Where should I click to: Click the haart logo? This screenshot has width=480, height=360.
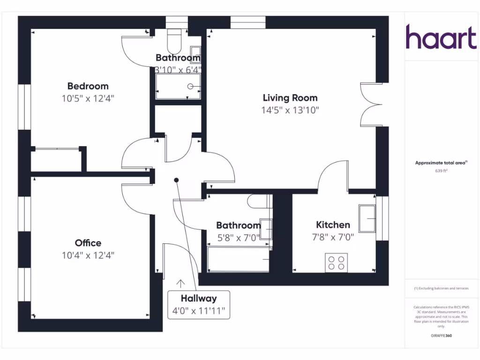point(441,37)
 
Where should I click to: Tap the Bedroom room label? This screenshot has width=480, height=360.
point(88,86)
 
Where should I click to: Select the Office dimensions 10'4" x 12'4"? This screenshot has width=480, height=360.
point(88,255)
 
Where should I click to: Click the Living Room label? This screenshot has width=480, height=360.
point(290,98)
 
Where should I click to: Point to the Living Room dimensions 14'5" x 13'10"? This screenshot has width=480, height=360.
point(290,110)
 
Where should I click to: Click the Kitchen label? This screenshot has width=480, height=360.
point(333,225)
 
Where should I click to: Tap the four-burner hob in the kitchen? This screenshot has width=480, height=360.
point(336,262)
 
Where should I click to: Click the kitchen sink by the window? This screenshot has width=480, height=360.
point(367,218)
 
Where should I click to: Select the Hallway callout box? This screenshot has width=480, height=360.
point(199,304)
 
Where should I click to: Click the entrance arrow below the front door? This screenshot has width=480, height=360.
point(180,283)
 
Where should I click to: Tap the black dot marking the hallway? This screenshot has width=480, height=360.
point(176,180)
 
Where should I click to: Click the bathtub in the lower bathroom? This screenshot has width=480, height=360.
point(238,260)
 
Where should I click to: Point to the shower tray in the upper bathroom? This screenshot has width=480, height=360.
point(178,87)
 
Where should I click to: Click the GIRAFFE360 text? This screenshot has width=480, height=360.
point(441,336)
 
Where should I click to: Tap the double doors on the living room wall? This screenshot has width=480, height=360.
point(370,105)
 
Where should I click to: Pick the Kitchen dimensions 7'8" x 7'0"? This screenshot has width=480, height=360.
point(333,237)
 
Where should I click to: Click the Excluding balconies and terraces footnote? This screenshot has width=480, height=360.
point(441,288)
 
